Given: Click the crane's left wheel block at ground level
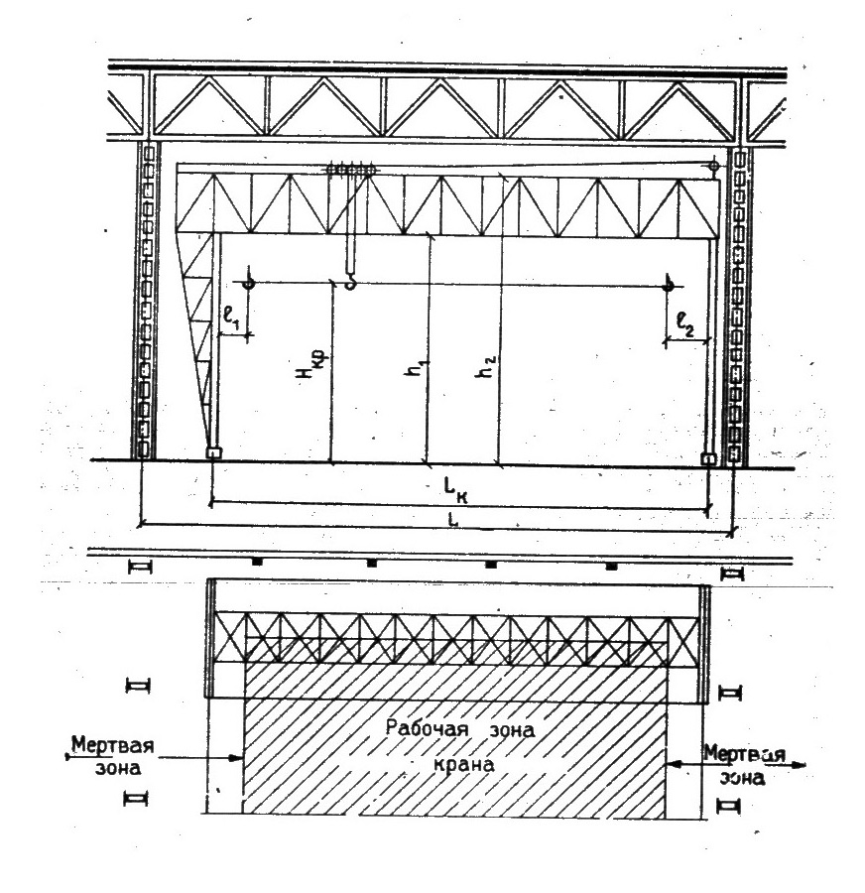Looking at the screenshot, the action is (213, 453).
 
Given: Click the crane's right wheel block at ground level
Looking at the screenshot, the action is (708, 458).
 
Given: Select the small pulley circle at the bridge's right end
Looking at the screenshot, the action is (712, 165).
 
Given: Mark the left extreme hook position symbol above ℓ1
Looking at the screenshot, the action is (248, 284).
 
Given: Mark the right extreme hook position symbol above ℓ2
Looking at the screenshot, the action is (670, 286).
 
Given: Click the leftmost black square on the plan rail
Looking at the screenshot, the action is (257, 563).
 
